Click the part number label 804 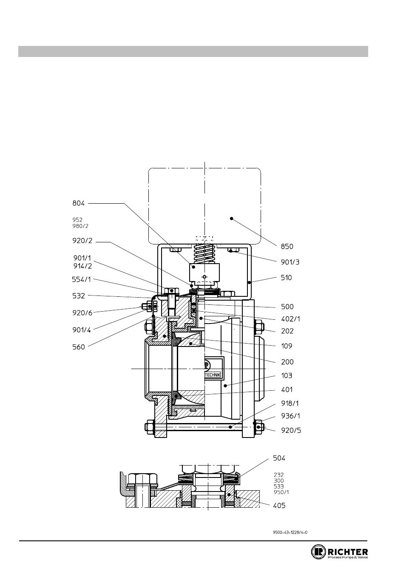click(x=78, y=203)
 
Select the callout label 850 click(x=287, y=247)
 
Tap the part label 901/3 click(x=290, y=262)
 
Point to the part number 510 click(x=287, y=278)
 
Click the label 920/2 click(x=82, y=241)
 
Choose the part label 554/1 click(x=82, y=280)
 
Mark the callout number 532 click(x=78, y=296)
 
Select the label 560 click(x=78, y=347)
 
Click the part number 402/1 click(x=290, y=319)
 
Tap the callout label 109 click(x=287, y=346)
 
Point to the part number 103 click(x=287, y=376)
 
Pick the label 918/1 click(x=290, y=404)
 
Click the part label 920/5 click(x=291, y=430)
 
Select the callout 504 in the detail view click(x=279, y=458)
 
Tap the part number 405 click(x=279, y=506)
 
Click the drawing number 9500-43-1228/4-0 click(x=290, y=532)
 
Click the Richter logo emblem click(x=318, y=552)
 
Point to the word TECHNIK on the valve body click(x=213, y=375)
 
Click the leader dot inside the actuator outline click(x=232, y=219)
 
